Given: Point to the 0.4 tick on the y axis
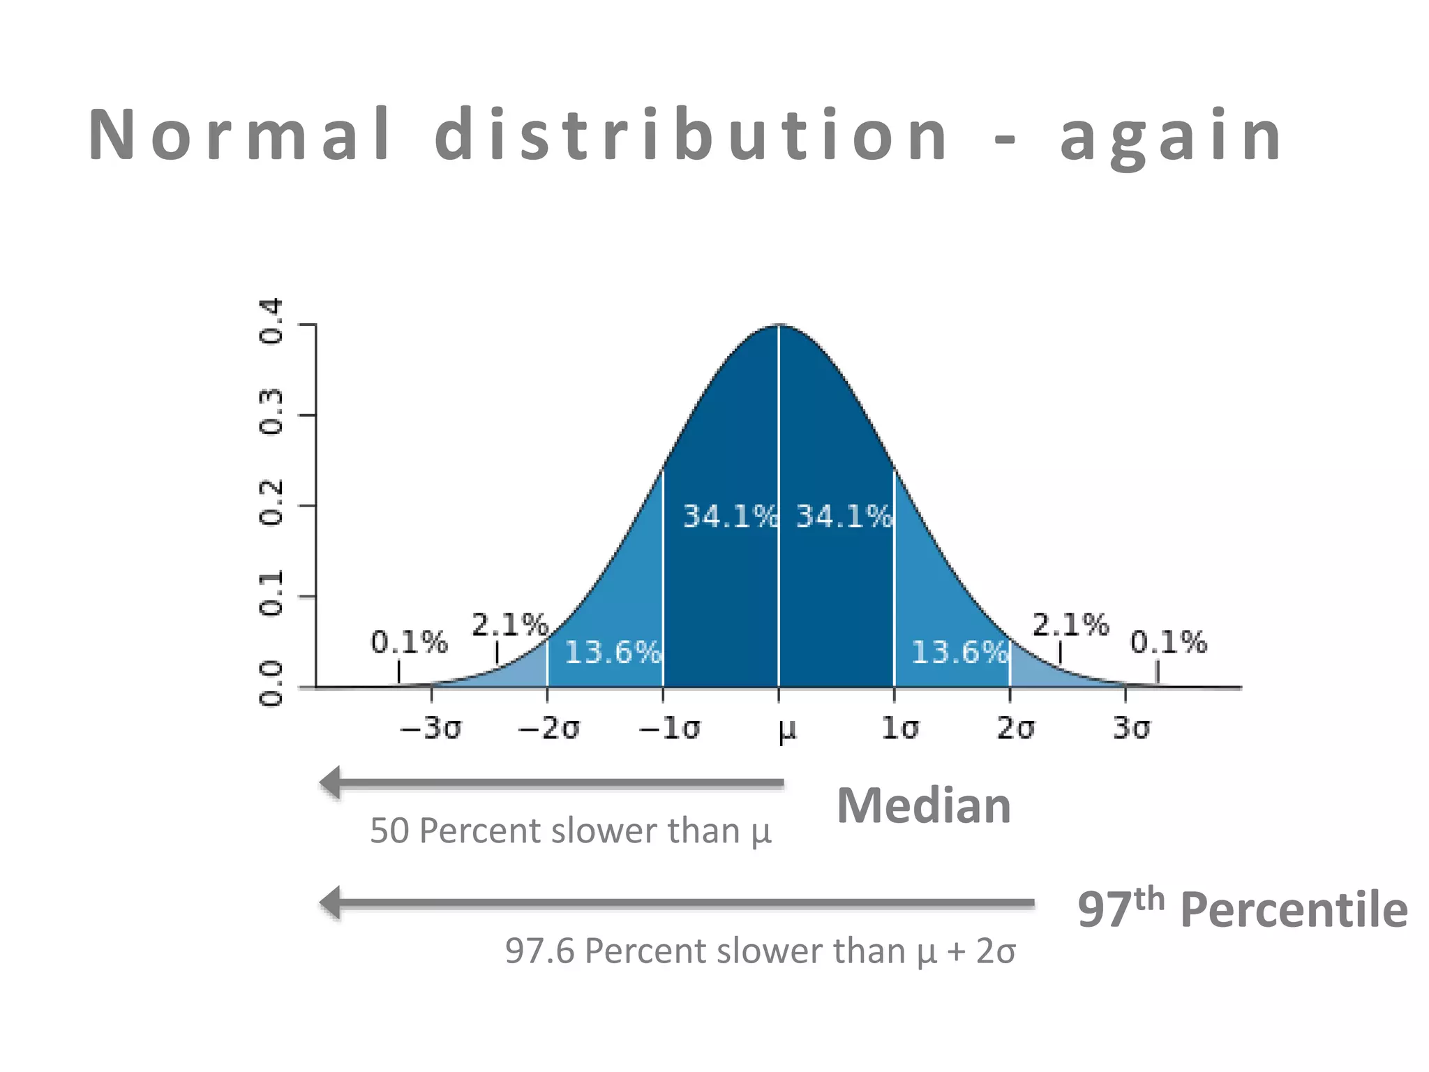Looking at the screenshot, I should (x=271, y=321).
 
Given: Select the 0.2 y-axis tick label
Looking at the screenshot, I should (x=271, y=502).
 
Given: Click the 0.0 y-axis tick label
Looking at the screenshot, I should (x=271, y=684).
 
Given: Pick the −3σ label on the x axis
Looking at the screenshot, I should (x=431, y=729).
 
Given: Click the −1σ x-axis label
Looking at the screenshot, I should (x=669, y=729).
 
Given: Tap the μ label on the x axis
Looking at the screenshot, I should (x=786, y=730).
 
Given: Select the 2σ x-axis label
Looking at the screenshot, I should (x=1015, y=729).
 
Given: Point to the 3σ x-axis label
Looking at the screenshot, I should (x=1131, y=729).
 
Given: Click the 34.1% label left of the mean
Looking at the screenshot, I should (x=729, y=516).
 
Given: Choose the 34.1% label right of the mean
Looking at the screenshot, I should (x=844, y=516).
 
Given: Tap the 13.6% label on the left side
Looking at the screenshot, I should (x=612, y=653).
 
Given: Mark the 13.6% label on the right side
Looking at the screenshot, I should (x=959, y=653).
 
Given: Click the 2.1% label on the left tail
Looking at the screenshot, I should (x=509, y=625).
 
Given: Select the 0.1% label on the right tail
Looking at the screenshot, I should (x=1168, y=642).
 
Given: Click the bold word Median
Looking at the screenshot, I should (x=923, y=806).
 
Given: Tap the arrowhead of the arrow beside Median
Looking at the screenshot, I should (x=331, y=783).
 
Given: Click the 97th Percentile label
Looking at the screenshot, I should (x=1242, y=909).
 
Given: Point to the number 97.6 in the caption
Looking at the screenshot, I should (x=539, y=951).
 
